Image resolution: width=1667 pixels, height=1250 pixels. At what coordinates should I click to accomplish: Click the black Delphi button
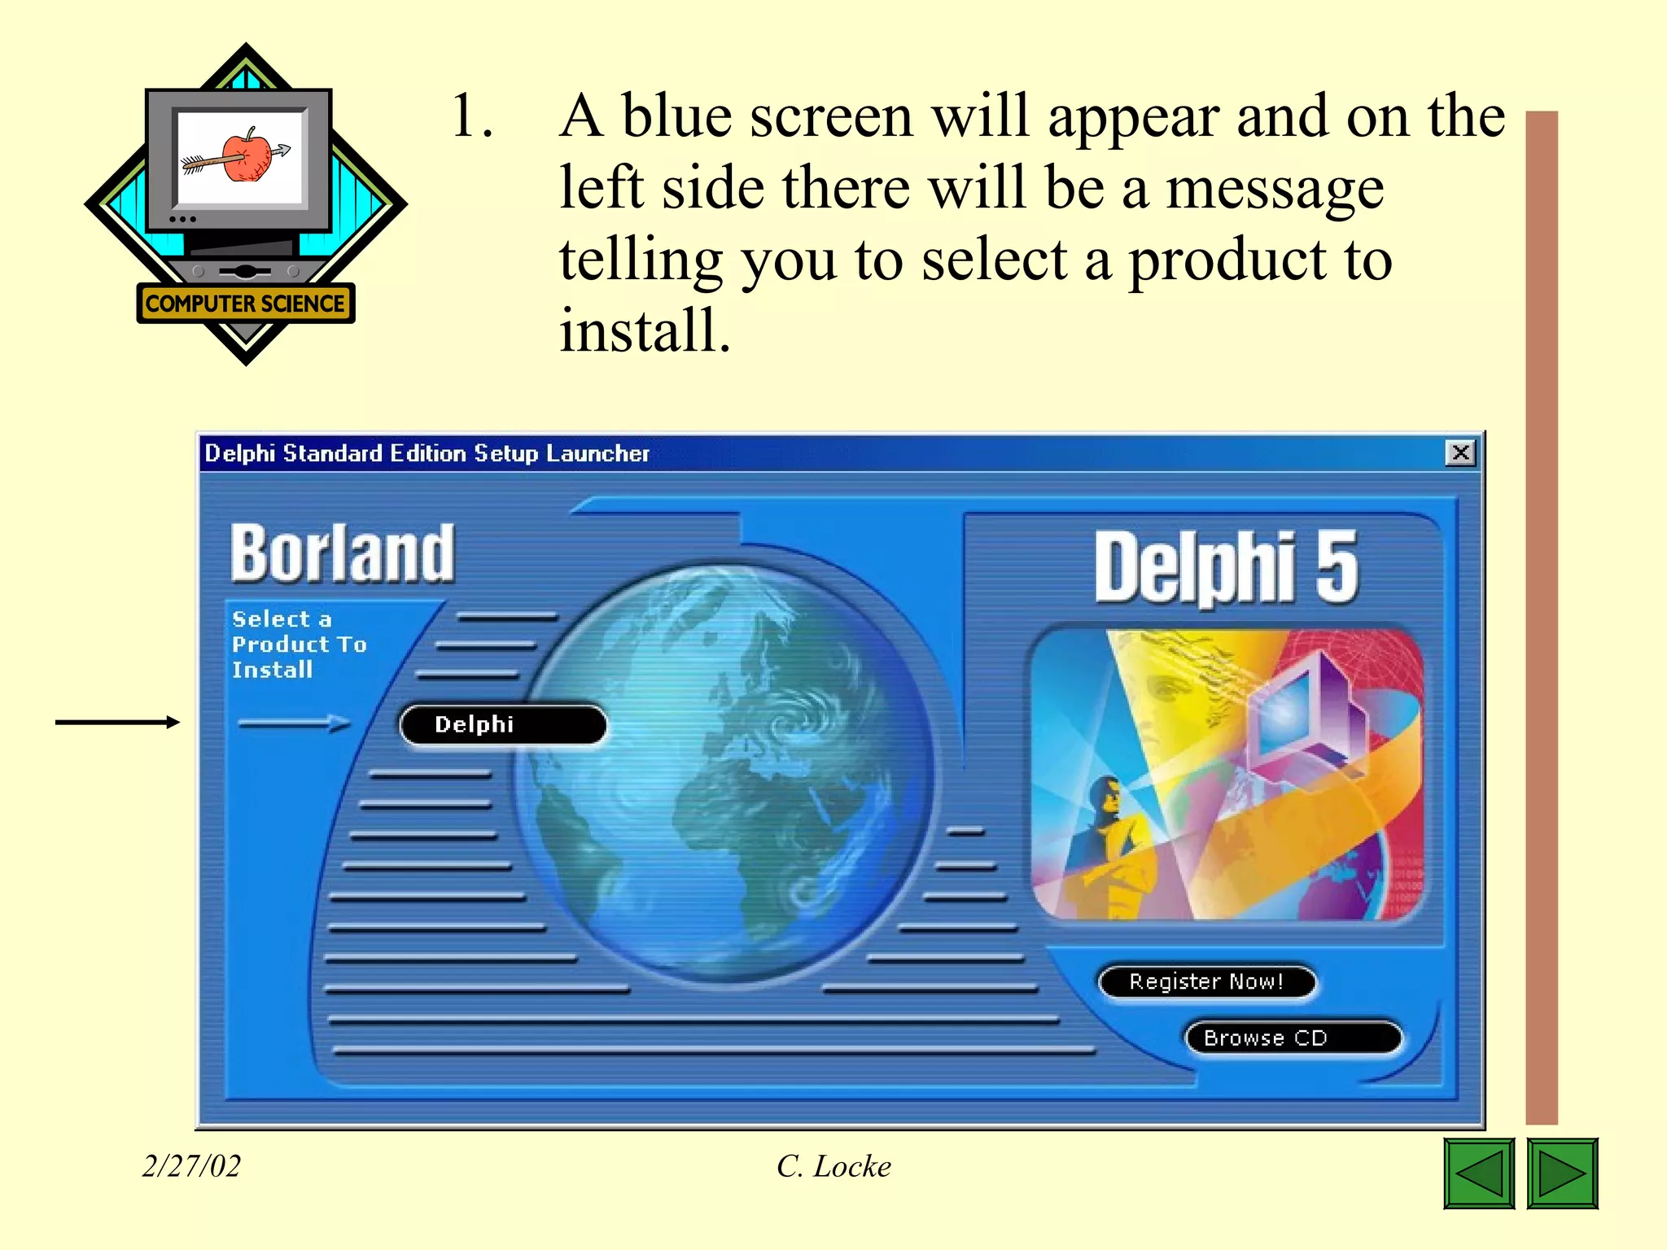(x=503, y=724)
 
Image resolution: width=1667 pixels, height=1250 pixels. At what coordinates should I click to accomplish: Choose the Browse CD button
(x=1293, y=1038)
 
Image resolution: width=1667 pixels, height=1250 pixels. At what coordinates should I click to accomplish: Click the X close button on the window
(x=1460, y=452)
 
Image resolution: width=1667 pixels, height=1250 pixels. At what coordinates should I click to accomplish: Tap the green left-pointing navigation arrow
(x=1479, y=1174)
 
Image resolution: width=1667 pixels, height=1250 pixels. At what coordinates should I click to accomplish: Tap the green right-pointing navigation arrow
(x=1562, y=1174)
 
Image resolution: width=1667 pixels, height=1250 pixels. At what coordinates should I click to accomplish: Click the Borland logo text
(x=343, y=553)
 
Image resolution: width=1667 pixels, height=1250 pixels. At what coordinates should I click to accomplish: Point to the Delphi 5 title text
(x=1226, y=567)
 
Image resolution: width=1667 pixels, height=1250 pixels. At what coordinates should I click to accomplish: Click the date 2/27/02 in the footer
(x=191, y=1166)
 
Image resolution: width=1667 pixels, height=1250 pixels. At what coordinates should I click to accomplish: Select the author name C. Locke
(x=833, y=1166)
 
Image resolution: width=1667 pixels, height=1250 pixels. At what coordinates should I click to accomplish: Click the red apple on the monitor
(x=246, y=155)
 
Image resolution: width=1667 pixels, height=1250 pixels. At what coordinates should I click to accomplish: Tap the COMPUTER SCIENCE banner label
(x=245, y=304)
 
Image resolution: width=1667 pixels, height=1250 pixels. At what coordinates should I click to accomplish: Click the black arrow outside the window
(x=117, y=722)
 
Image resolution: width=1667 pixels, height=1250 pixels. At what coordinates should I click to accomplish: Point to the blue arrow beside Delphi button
(x=294, y=723)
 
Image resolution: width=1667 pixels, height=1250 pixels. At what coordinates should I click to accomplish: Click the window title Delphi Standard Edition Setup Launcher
(x=427, y=453)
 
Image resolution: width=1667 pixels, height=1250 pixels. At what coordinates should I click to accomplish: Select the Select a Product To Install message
(x=299, y=644)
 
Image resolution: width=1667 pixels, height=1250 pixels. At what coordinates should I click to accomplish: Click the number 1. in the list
(x=473, y=116)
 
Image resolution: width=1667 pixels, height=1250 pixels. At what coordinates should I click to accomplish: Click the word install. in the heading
(x=645, y=330)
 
